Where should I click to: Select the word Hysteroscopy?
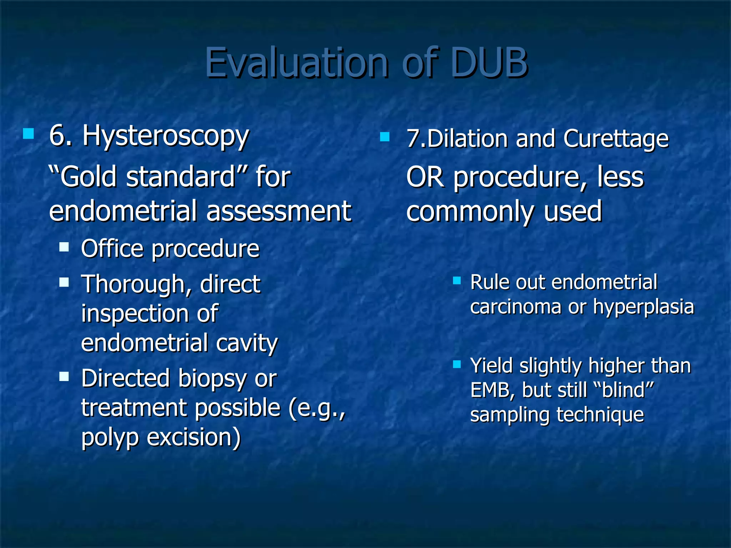[x=166, y=137]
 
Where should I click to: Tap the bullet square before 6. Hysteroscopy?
[x=28, y=134]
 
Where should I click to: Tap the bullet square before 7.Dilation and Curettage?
[x=385, y=137]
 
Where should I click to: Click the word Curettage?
[x=616, y=139]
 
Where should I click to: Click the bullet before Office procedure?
[x=64, y=247]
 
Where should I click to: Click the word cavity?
[x=247, y=343]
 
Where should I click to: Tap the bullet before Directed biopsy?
[x=64, y=376]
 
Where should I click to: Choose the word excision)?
[x=194, y=437]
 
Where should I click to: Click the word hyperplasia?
[x=643, y=307]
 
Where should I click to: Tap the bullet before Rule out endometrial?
[x=457, y=280]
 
